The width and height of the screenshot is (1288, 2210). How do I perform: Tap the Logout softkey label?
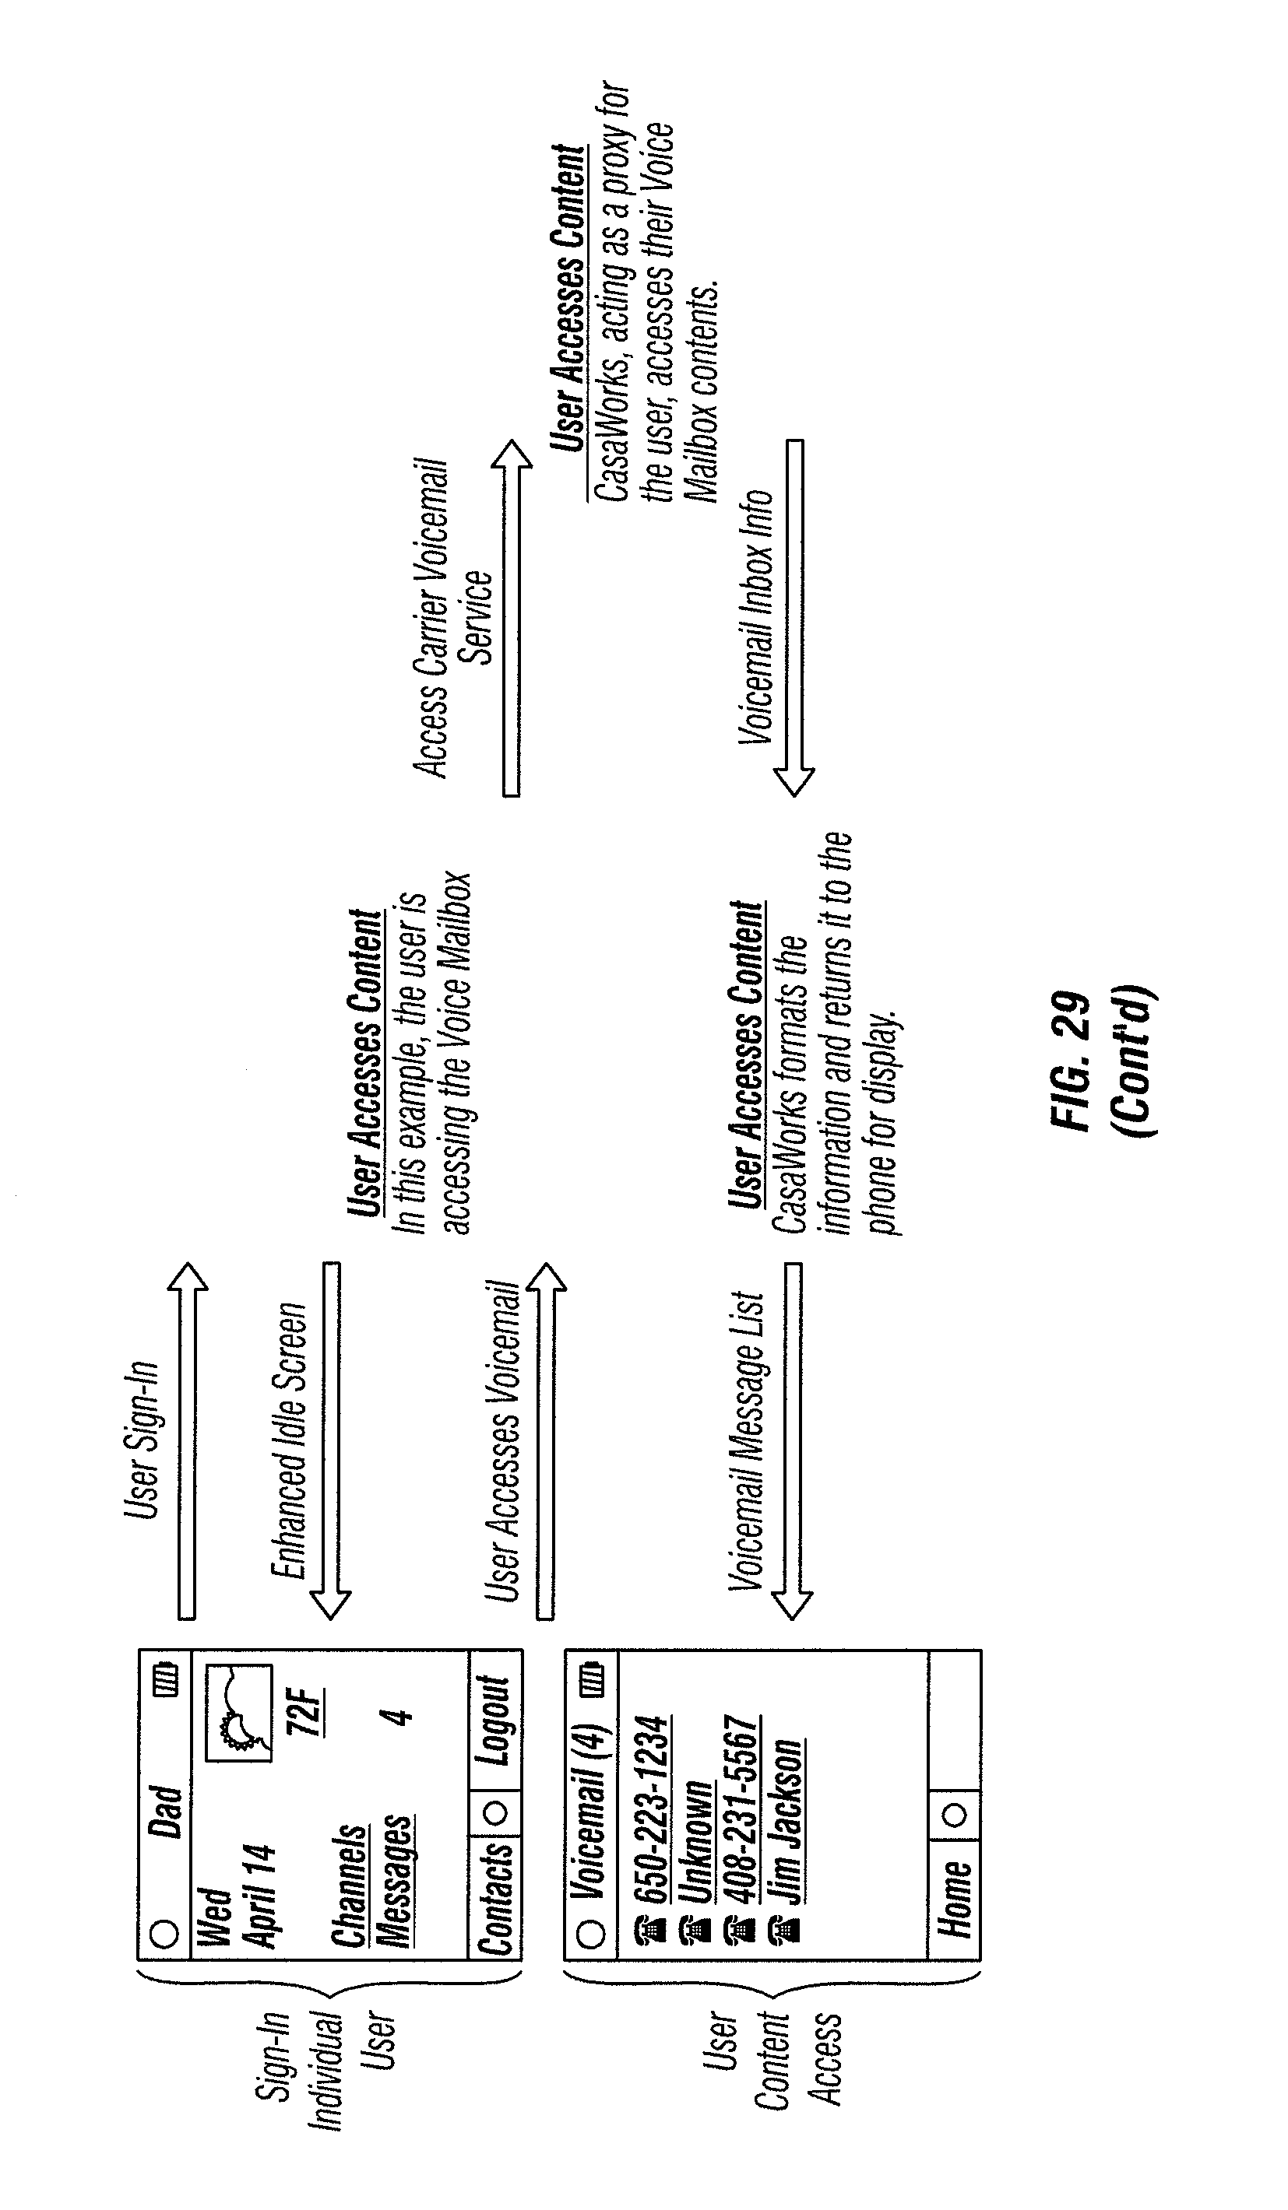click(494, 1721)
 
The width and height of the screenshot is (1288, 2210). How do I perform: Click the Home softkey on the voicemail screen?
click(955, 1899)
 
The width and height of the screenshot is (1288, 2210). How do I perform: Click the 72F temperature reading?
click(305, 1711)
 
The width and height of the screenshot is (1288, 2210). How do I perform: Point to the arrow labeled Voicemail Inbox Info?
click(794, 619)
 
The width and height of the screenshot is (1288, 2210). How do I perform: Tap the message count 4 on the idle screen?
click(399, 1714)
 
